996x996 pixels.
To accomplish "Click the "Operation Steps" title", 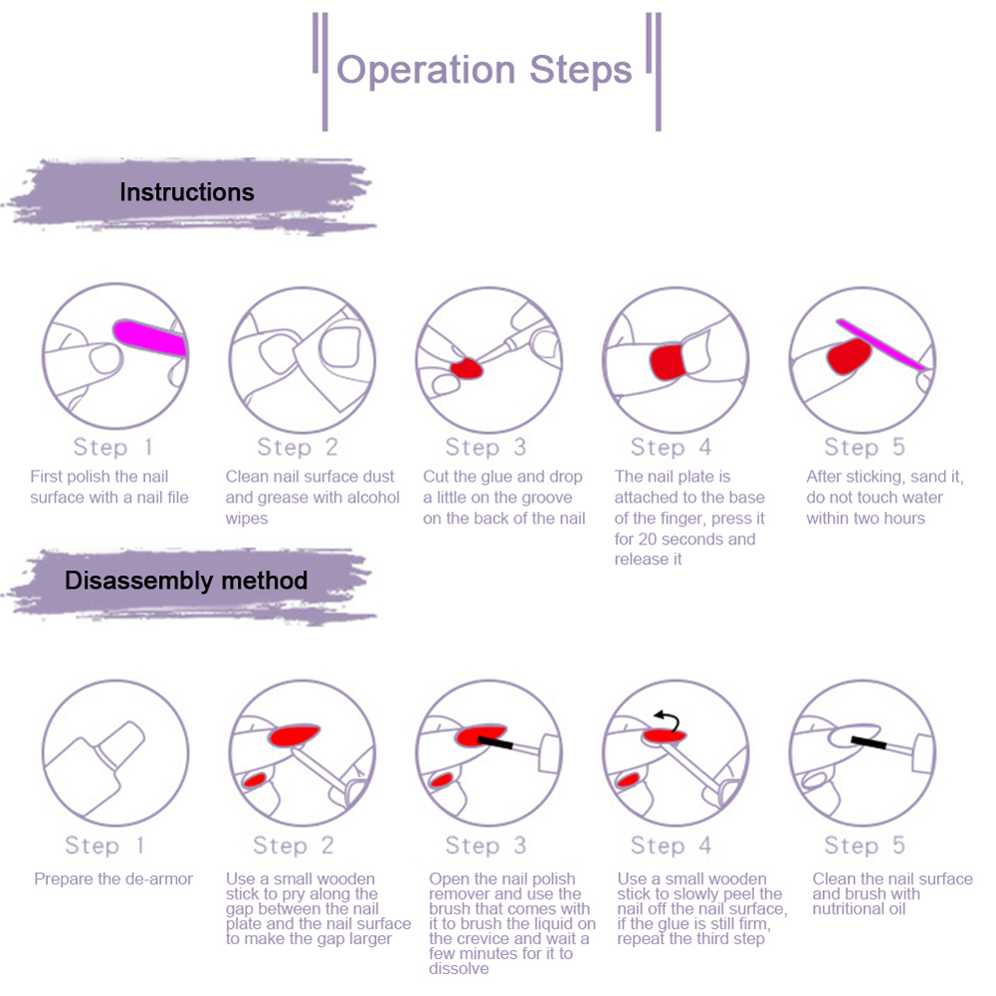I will coord(485,71).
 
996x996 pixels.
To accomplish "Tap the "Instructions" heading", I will coord(187,192).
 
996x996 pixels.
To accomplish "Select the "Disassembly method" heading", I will coord(186,580).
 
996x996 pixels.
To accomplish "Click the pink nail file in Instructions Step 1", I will coord(150,338).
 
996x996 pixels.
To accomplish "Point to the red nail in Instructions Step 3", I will coord(466,369).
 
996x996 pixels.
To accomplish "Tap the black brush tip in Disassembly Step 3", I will coord(495,741).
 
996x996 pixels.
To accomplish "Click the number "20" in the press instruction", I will coord(649,539).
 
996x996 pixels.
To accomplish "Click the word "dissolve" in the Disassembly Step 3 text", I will coord(460,968).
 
